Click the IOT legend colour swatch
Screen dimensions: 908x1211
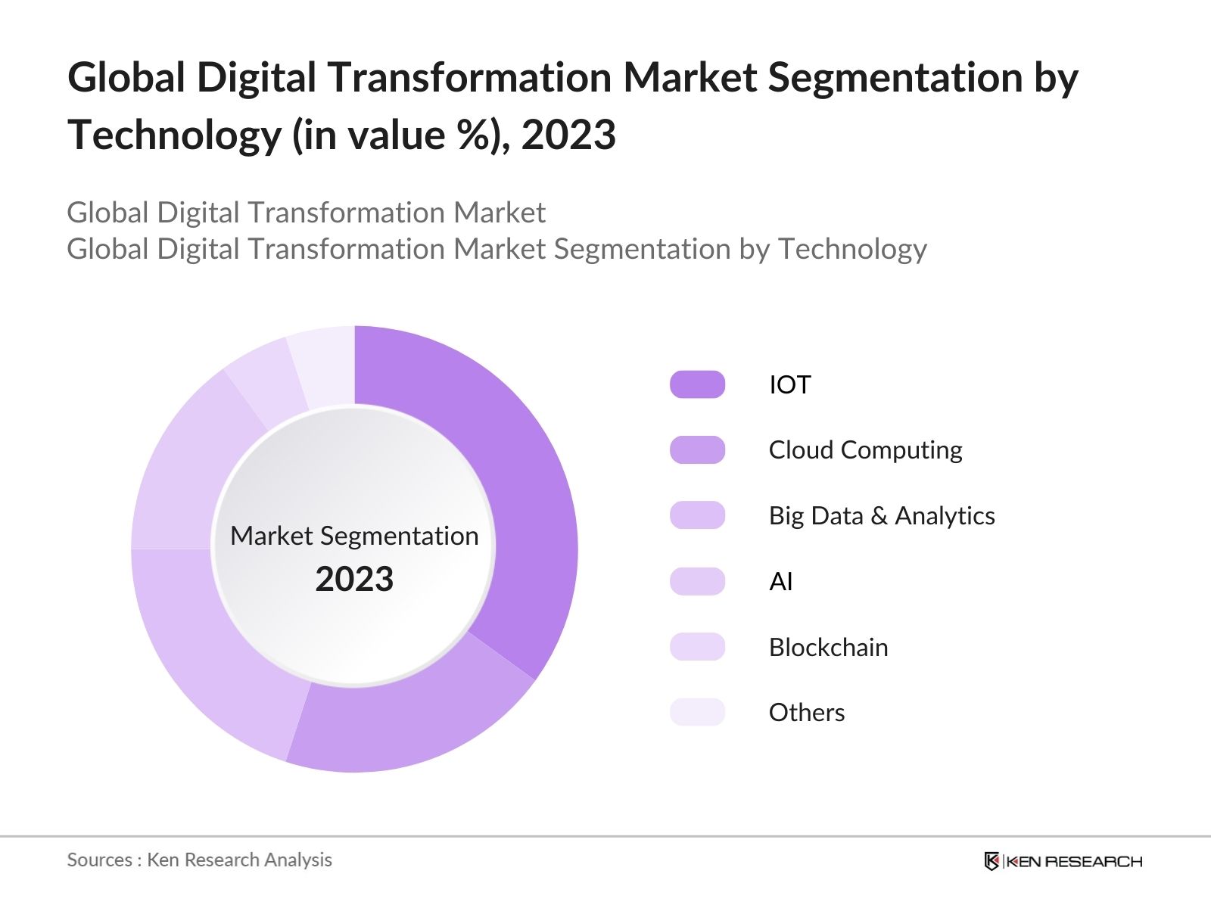[x=697, y=384]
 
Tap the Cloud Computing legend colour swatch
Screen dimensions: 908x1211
[x=697, y=450]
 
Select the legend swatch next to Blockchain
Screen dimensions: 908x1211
[x=697, y=647]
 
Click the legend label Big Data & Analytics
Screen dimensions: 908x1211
[x=882, y=516]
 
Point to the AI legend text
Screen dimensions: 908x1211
[x=780, y=582]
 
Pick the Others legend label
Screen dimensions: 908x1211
[x=806, y=713]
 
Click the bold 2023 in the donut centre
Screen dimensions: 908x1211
[x=354, y=580]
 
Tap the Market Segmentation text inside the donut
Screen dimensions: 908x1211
[x=354, y=536]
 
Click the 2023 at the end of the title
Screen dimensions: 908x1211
[x=568, y=135]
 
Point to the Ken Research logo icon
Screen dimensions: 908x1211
[x=992, y=861]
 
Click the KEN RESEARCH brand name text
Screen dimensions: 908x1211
[x=1075, y=861]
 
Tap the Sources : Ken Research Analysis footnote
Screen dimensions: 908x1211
[x=200, y=860]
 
